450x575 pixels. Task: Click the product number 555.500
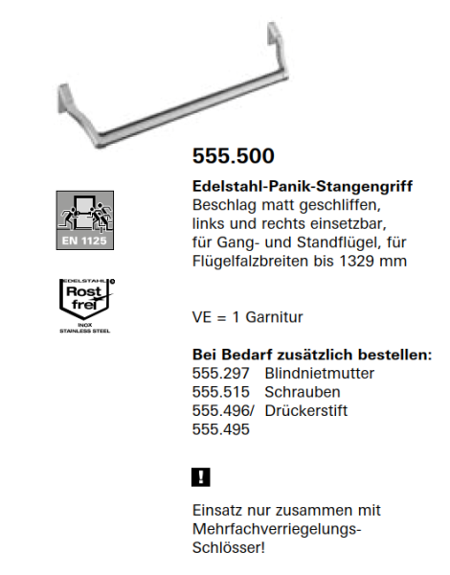pos(234,156)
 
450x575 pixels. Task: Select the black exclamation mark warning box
pos(201,476)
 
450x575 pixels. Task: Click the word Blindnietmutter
pos(319,373)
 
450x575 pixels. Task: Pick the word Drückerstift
pos(305,411)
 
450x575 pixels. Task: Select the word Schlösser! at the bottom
pos(229,547)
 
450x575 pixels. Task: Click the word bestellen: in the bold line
pos(393,354)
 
